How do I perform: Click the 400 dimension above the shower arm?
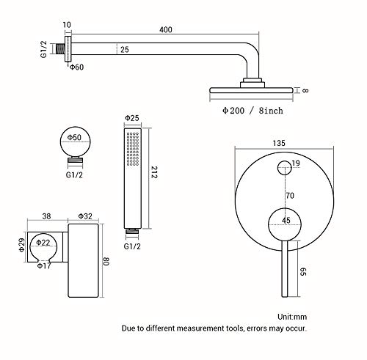click(166, 29)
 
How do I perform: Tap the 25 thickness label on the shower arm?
click(125, 50)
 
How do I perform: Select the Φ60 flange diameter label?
click(77, 67)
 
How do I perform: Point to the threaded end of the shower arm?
click(61, 48)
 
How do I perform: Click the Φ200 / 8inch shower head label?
click(252, 111)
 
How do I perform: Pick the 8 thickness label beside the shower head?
click(305, 90)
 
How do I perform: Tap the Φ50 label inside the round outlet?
click(74, 137)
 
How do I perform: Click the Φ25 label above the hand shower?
click(132, 118)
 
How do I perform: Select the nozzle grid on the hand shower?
click(133, 149)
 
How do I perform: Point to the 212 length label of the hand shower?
click(154, 172)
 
